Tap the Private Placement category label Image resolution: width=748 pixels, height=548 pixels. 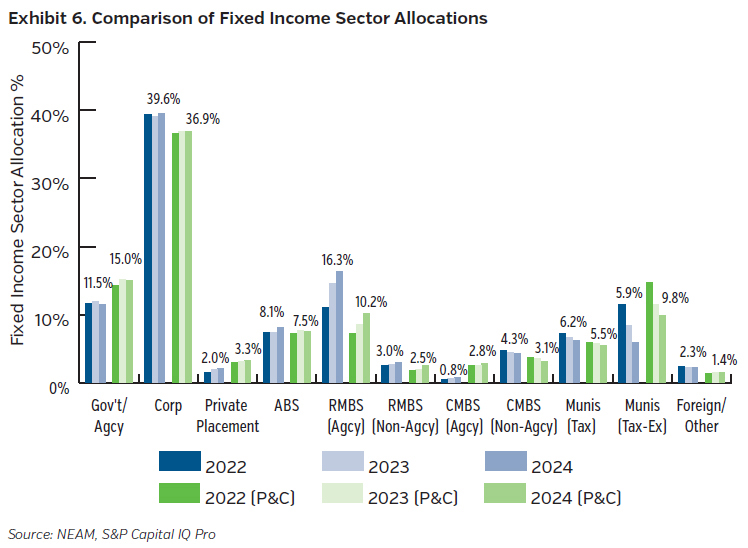click(x=226, y=417)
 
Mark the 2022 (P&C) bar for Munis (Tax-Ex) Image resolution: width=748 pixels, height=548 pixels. click(x=649, y=332)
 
